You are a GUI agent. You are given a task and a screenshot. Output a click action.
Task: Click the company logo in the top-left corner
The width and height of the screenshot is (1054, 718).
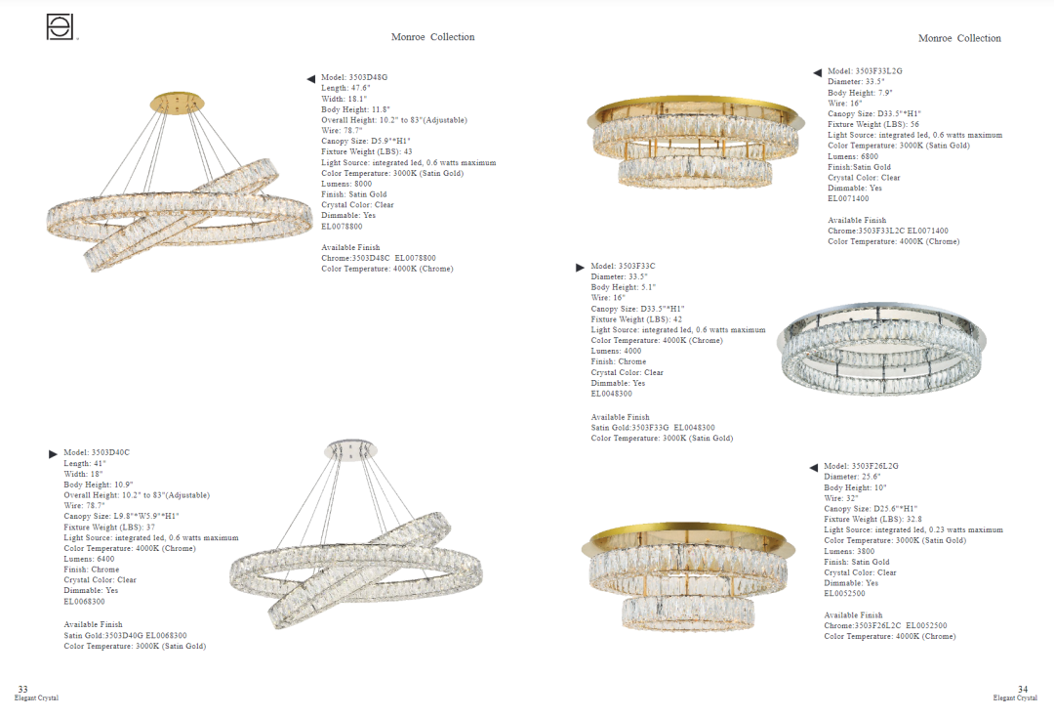61,27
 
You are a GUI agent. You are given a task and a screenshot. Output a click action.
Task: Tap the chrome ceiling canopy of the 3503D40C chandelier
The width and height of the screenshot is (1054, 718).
350,450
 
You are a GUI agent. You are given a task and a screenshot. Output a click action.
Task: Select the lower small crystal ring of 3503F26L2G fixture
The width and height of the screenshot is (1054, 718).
688,612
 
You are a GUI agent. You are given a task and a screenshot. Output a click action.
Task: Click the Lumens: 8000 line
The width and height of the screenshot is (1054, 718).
346,184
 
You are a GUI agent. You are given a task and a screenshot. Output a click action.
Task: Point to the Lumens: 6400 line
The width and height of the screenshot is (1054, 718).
89,559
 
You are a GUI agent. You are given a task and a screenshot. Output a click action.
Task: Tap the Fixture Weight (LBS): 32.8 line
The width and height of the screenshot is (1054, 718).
872,520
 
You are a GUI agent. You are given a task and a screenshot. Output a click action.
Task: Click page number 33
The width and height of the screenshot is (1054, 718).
22,689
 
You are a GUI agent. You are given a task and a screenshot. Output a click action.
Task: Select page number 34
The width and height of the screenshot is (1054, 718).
1022,689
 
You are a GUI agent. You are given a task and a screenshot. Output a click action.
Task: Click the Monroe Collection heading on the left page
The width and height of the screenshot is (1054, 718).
432,37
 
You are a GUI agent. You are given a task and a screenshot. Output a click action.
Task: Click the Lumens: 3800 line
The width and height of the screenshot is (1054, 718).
849,552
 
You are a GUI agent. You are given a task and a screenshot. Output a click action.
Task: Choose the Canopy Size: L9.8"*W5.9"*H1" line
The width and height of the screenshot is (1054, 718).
121,517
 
